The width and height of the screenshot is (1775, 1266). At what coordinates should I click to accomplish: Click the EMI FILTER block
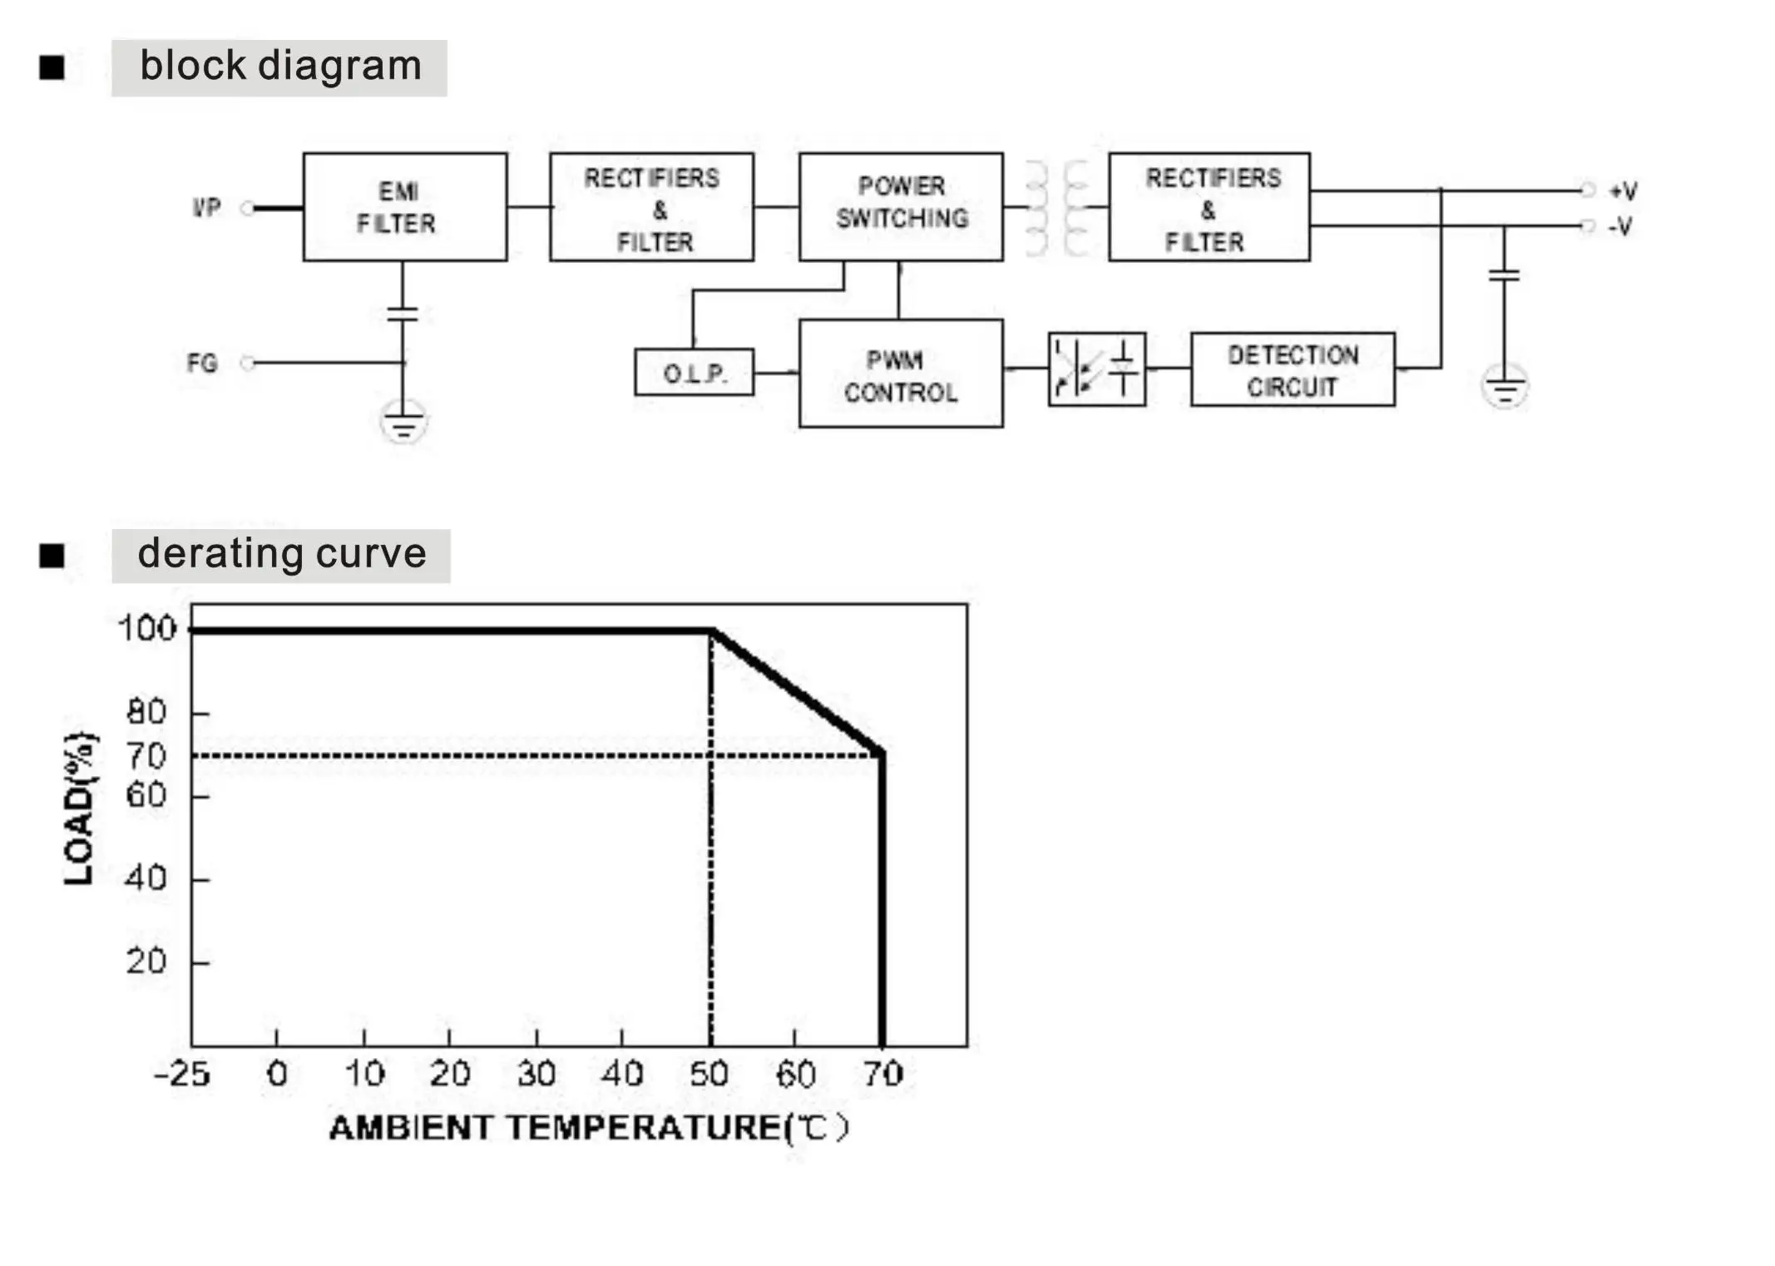tap(404, 207)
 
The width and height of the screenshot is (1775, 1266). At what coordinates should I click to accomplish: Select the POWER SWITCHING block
tap(901, 207)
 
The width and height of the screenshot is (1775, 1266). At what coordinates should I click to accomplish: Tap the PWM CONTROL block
tap(901, 374)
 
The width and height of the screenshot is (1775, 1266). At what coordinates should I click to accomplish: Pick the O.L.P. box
tap(694, 372)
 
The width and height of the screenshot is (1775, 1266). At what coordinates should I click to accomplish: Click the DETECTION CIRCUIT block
tap(1293, 370)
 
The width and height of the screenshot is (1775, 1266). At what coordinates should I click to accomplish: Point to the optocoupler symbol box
tap(1096, 369)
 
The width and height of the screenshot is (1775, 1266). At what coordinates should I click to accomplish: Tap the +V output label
tap(1622, 191)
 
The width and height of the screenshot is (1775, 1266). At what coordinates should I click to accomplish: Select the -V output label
tap(1620, 226)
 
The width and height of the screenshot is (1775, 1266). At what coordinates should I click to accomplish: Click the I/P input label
tap(206, 207)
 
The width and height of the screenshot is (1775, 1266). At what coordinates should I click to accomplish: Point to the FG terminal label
tap(202, 363)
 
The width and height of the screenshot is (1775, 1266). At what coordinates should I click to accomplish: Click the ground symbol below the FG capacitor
tap(403, 421)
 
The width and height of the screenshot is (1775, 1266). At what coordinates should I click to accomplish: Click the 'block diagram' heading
tap(280, 67)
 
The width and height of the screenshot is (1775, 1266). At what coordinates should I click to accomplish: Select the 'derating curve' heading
tap(281, 555)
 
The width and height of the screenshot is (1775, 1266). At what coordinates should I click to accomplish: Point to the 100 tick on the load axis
tap(147, 628)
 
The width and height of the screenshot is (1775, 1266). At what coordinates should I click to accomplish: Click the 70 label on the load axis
tap(146, 756)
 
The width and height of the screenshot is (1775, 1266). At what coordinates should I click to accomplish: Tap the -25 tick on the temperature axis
tap(182, 1074)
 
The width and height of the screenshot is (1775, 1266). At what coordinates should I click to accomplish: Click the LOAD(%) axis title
tap(80, 808)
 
